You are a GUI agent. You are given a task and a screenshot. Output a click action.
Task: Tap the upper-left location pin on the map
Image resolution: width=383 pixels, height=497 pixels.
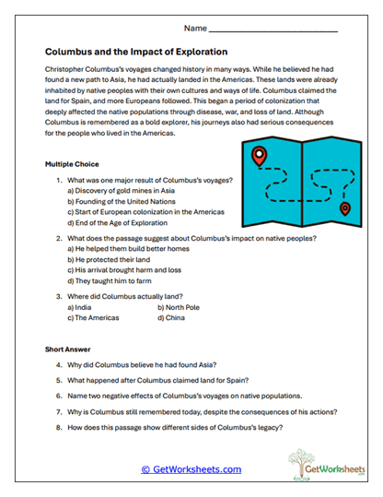tap(260, 157)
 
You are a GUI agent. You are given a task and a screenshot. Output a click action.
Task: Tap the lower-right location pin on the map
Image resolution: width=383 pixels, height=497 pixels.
tap(345, 208)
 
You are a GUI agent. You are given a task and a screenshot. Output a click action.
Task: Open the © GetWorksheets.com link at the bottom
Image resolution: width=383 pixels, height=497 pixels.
tap(191, 469)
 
